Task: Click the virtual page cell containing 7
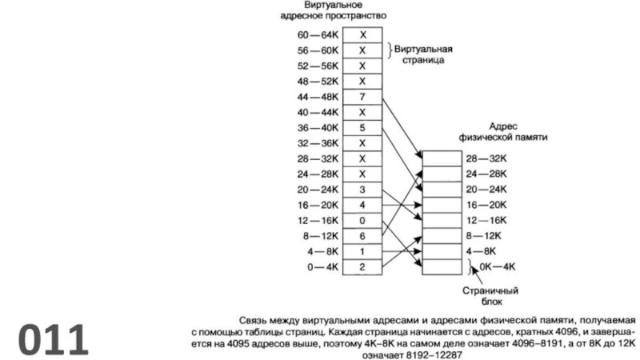point(362,97)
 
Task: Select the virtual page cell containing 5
point(362,127)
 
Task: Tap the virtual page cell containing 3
point(362,189)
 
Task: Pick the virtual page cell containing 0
point(362,220)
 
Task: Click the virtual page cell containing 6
point(362,235)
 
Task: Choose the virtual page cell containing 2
point(362,266)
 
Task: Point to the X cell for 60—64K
point(362,35)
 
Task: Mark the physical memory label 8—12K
point(485,235)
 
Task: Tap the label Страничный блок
point(482,297)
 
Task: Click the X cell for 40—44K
point(362,112)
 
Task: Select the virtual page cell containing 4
point(362,205)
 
